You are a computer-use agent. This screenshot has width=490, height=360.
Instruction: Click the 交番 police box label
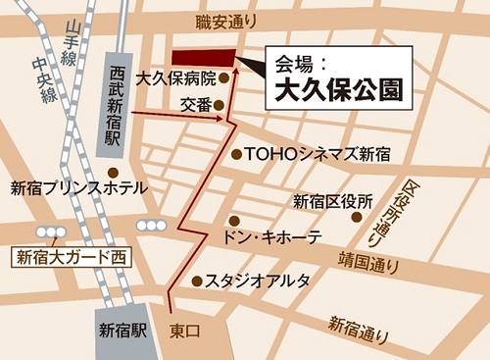click(196, 104)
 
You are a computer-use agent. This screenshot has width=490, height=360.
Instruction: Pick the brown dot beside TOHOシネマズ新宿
click(236, 154)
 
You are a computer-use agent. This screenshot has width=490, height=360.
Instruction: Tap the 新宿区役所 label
click(333, 201)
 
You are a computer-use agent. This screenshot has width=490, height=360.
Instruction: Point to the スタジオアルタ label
click(258, 281)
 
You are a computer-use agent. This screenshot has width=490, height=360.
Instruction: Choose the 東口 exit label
click(184, 331)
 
